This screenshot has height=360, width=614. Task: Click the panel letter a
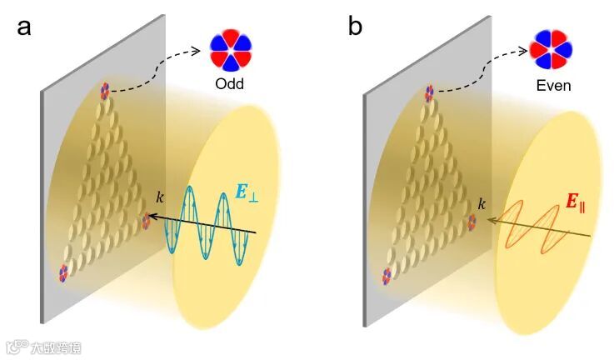(x=25, y=27)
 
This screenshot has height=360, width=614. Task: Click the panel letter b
(x=355, y=27)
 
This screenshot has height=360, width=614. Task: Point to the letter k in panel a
(x=160, y=197)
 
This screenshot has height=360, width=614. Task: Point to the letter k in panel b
(x=481, y=202)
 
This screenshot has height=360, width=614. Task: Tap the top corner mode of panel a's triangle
(x=105, y=89)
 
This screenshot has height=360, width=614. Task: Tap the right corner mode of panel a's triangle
(x=147, y=221)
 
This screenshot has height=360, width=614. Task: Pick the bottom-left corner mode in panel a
(x=62, y=272)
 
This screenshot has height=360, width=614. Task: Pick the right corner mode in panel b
(x=472, y=222)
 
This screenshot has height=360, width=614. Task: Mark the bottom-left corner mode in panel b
(x=387, y=273)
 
